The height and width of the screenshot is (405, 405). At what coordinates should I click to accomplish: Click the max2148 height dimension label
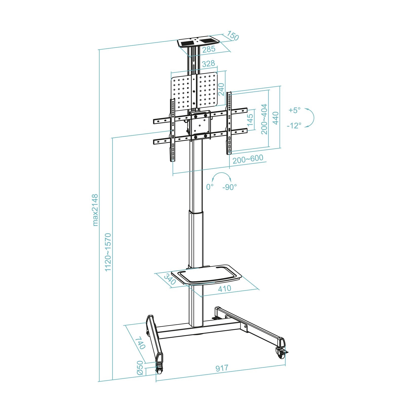pos(95,210)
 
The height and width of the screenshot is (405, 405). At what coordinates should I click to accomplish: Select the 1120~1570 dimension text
pos(108,252)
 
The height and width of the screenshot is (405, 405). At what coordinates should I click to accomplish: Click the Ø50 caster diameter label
pos(140,368)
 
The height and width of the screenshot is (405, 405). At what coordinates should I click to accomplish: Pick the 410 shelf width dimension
pos(225,289)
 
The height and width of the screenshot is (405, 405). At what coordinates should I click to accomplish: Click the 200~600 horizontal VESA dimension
pos(248,159)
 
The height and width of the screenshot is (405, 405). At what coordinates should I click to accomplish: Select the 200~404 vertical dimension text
pos(264,119)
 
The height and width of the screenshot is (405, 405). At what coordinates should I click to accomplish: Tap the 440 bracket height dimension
pos(276,118)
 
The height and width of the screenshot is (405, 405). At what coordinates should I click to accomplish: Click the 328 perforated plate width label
pos(209,64)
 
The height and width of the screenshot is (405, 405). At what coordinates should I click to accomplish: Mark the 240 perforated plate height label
pos(221,89)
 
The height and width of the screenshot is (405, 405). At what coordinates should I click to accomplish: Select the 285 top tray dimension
pos(209,49)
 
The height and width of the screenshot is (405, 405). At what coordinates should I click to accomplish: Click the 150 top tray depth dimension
pos(233,36)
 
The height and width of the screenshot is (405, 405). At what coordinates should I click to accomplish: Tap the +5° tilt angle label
pos(294,110)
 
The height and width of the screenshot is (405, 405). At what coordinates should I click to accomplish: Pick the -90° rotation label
pos(230,187)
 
